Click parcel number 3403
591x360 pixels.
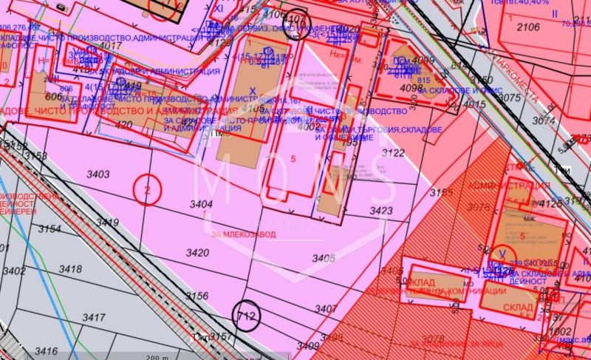(98, 174)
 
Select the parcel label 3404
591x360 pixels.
(201, 204)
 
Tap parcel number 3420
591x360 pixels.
(197, 253)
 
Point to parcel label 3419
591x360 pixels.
(107, 223)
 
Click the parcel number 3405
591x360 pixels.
(324, 258)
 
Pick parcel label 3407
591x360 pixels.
(326, 308)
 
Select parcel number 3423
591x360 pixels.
(381, 211)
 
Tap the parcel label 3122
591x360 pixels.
(393, 152)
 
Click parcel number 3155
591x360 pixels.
(441, 193)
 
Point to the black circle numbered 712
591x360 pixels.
(247, 316)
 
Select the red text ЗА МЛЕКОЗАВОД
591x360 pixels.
(237, 235)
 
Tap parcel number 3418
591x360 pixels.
(70, 269)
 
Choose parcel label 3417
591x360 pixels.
(94, 317)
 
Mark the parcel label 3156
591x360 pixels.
(197, 296)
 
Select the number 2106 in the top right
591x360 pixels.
(528, 27)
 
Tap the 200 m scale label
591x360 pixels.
(158, 357)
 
